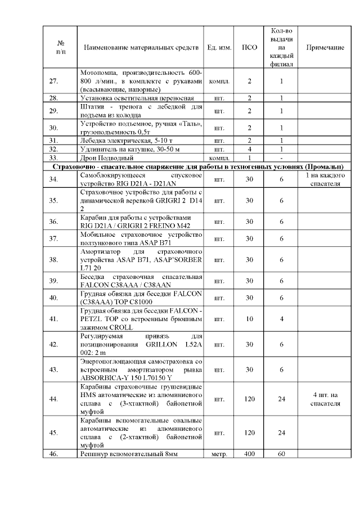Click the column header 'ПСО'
(249, 48)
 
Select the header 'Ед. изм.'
(219, 48)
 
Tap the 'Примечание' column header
(325, 48)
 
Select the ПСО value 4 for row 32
(249, 150)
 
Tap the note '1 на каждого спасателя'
(325, 179)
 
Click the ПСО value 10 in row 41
(249, 319)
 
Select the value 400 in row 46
(249, 453)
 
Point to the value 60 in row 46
(281, 453)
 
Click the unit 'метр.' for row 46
(219, 453)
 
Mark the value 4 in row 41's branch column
(281, 319)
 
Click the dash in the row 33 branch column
(281, 159)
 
